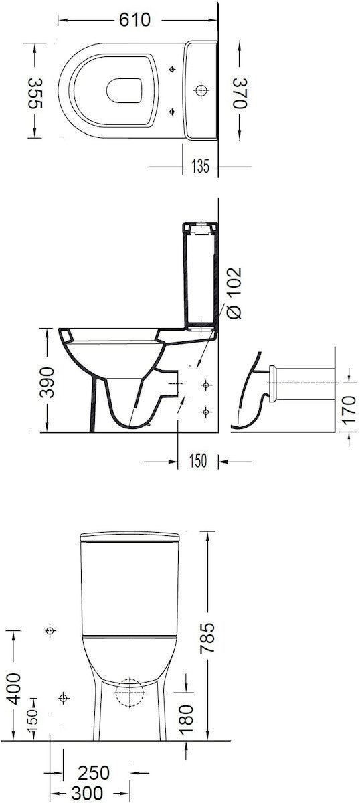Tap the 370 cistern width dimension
pos(242,92)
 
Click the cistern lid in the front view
pos(130,536)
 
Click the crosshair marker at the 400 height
pos(50,630)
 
